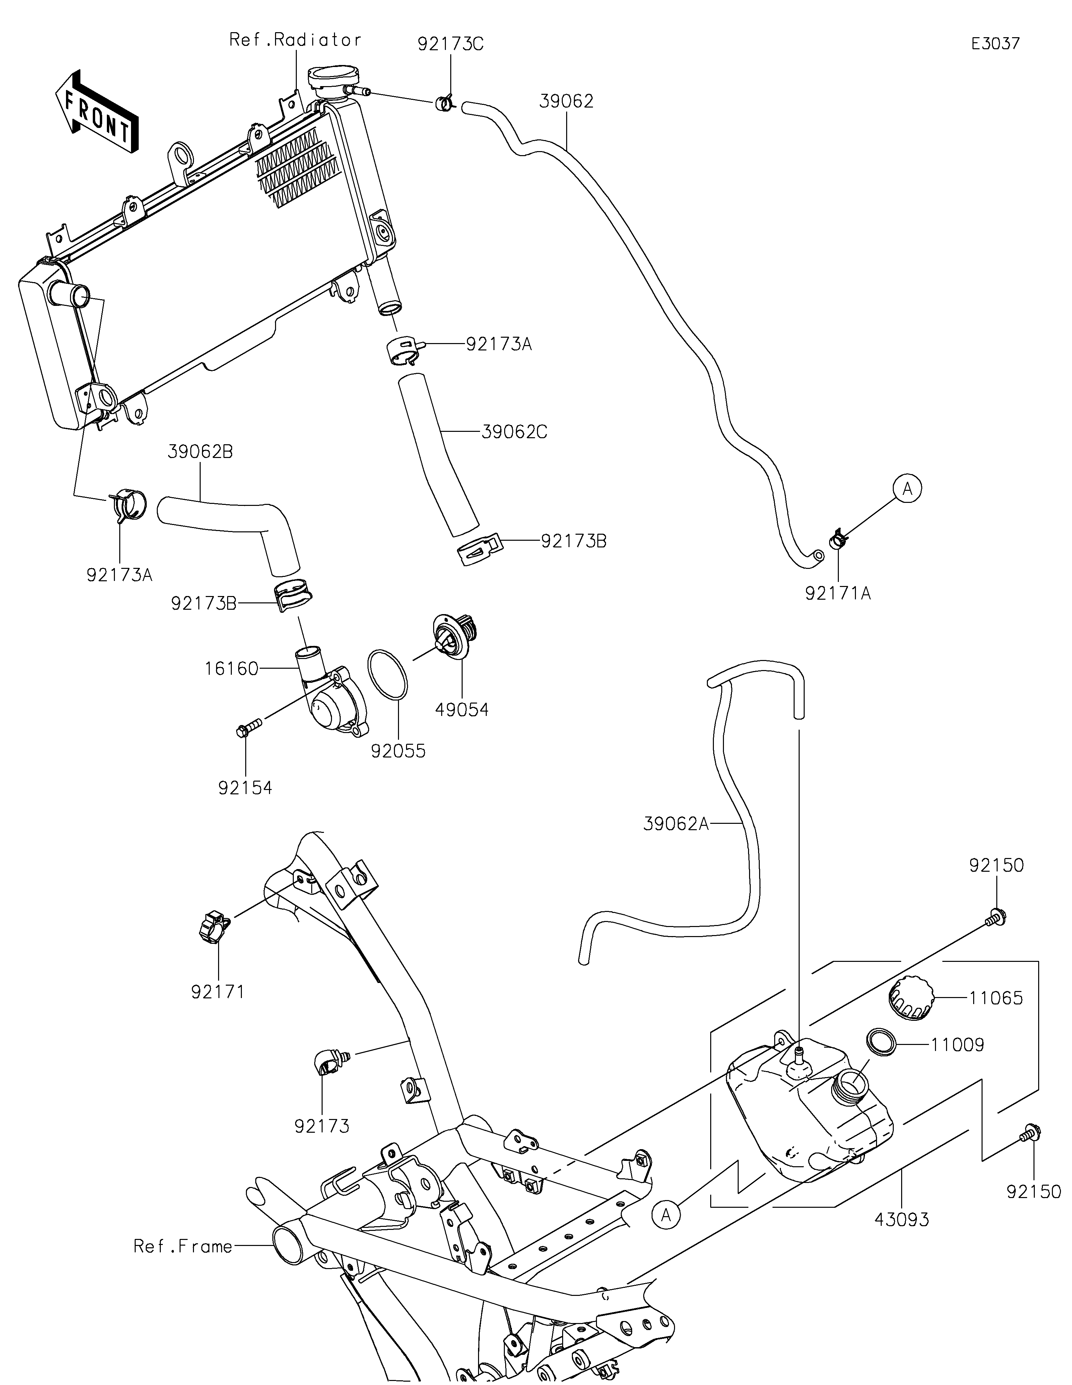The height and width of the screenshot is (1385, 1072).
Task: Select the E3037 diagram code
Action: tap(995, 44)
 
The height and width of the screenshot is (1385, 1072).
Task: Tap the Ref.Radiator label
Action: tap(295, 40)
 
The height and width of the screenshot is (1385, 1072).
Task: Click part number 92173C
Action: tap(450, 44)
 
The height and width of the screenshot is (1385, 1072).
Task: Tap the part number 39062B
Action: tap(200, 452)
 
